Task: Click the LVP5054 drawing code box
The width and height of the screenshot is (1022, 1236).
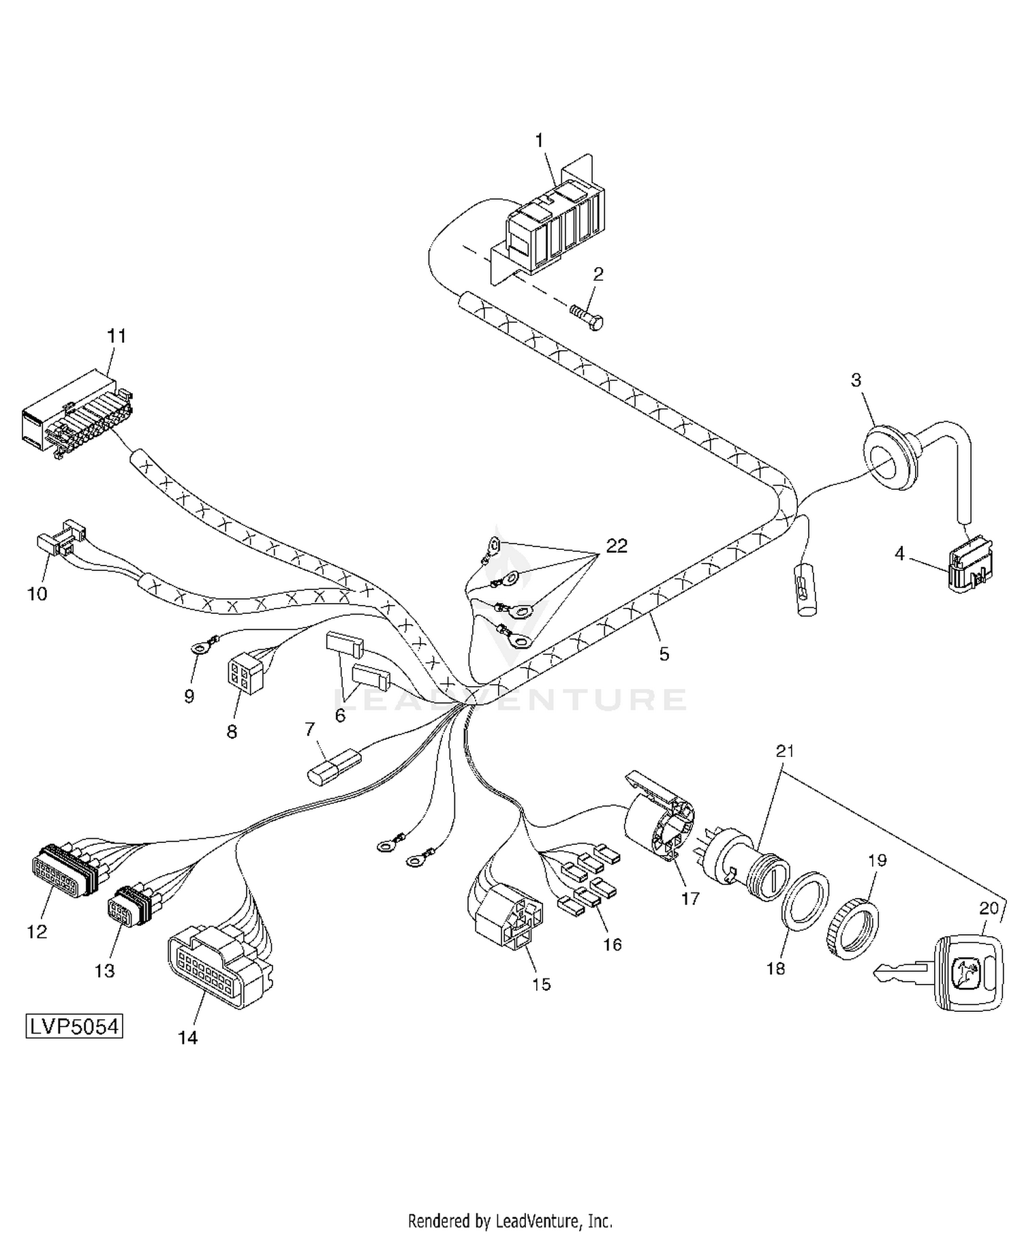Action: (74, 1026)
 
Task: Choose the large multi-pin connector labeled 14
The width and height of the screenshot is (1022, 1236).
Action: (218, 965)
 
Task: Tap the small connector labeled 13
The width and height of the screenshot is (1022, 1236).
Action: (134, 907)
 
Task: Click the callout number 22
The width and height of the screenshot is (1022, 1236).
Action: (617, 546)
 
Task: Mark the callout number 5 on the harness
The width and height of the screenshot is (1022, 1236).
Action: (664, 654)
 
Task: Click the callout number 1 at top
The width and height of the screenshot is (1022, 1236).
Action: (539, 141)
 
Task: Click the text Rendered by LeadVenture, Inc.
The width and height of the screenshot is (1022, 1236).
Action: (510, 1219)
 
